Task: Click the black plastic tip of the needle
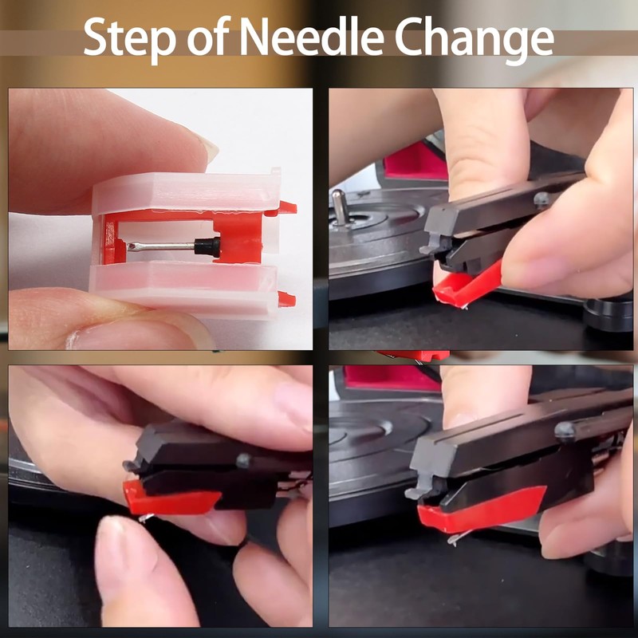207,246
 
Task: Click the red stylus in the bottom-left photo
171,500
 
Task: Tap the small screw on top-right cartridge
542,198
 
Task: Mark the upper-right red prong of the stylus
287,209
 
